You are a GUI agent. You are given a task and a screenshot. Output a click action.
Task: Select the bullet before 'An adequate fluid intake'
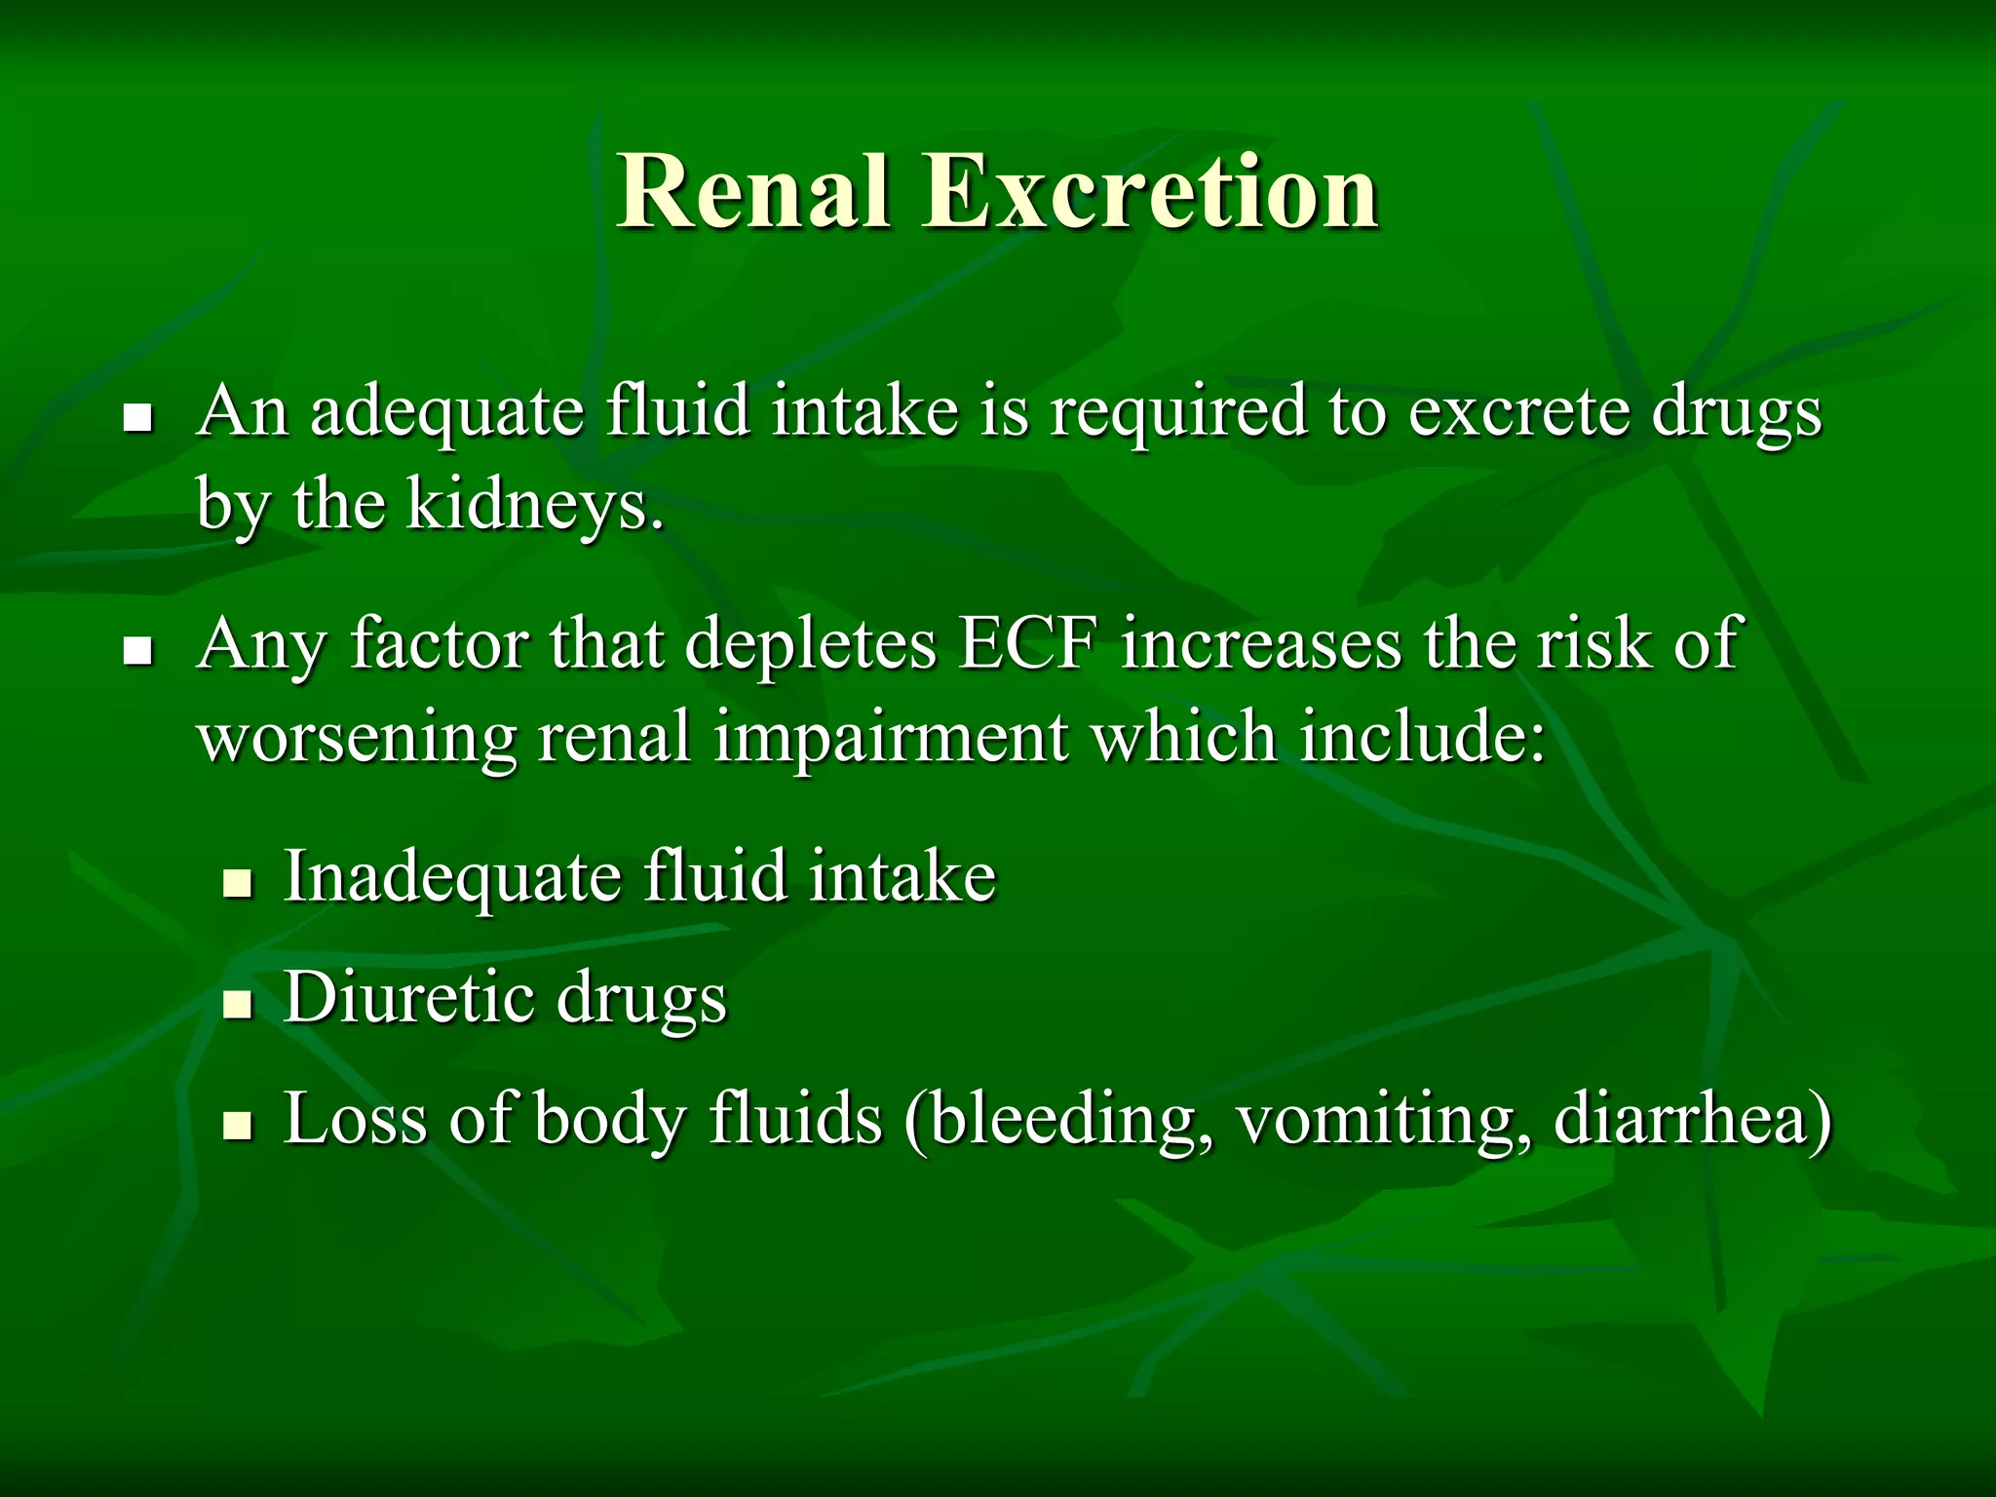pyautogui.click(x=138, y=419)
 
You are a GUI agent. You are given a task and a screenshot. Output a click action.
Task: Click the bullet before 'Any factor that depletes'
pyautogui.click(x=138, y=651)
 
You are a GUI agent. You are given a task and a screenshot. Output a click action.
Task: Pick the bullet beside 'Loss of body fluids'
pyautogui.click(x=237, y=1126)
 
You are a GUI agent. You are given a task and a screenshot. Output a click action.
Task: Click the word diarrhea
pyautogui.click(x=1692, y=1119)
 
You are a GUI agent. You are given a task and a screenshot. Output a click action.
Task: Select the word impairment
pyautogui.click(x=891, y=738)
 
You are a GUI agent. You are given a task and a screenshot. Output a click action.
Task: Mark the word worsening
pyautogui.click(x=357, y=738)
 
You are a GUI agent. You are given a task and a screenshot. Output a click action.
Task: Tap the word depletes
pyautogui.click(x=811, y=645)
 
